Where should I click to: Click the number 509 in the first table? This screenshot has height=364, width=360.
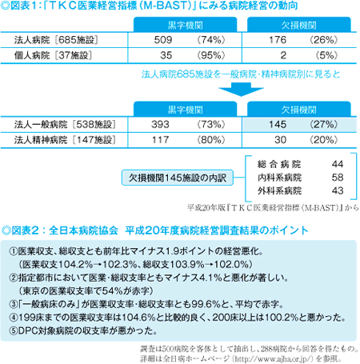[163, 40]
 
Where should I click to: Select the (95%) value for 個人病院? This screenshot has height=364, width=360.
[211, 55]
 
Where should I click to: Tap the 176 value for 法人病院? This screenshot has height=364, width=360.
[278, 40]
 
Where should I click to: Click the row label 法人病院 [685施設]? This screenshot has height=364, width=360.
[56, 40]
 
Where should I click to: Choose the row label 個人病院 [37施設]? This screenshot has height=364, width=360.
[53, 55]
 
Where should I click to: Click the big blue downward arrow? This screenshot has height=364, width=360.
[241, 90]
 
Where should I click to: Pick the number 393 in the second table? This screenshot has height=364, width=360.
[160, 125]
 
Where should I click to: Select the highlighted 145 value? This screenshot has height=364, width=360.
[278, 125]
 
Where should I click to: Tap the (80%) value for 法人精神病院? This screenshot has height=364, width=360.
[211, 140]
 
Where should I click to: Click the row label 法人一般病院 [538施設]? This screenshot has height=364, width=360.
[65, 125]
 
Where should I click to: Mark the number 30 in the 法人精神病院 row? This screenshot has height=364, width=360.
[281, 140]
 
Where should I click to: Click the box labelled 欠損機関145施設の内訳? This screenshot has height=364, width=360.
[178, 178]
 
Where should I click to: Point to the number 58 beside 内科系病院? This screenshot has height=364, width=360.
[338, 178]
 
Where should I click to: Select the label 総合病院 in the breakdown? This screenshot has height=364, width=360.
[279, 164]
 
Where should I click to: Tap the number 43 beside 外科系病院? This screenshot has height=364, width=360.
[338, 190]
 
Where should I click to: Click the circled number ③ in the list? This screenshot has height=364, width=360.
[14, 304]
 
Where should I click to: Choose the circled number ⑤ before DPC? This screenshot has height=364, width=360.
[14, 331]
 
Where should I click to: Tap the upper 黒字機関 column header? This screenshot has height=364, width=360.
[186, 26]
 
